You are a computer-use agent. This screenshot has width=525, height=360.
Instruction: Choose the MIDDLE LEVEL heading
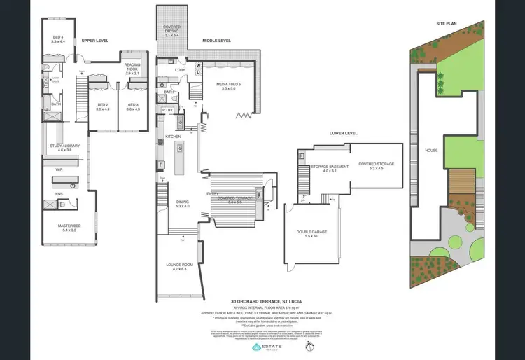point(216,41)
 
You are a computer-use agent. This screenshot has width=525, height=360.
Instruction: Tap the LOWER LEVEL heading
point(343,132)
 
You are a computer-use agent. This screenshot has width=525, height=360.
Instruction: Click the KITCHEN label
point(173,136)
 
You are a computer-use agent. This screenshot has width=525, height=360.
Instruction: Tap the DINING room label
point(182,203)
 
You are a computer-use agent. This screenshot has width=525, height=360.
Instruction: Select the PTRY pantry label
point(167,110)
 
